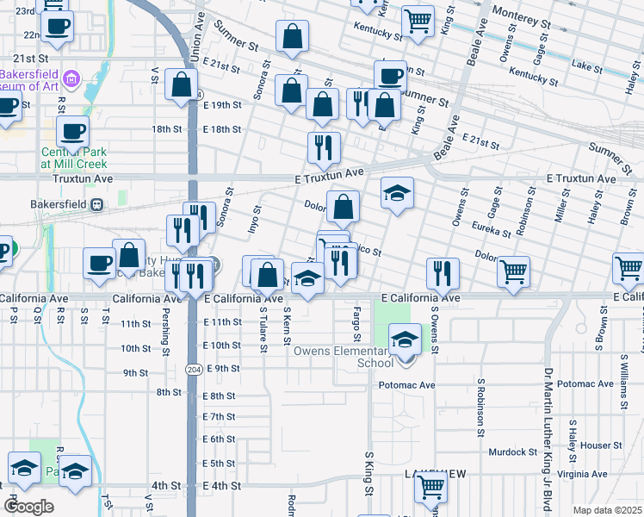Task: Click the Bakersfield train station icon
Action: pos(97,205)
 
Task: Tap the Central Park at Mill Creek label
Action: pos(74,157)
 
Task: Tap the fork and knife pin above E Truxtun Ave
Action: pos(324,147)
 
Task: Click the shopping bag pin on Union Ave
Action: pos(182,85)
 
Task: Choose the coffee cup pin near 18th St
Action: pos(72,131)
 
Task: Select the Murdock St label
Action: pos(513,452)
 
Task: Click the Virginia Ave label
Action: pos(600,474)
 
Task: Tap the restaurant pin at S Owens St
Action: pos(443,273)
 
